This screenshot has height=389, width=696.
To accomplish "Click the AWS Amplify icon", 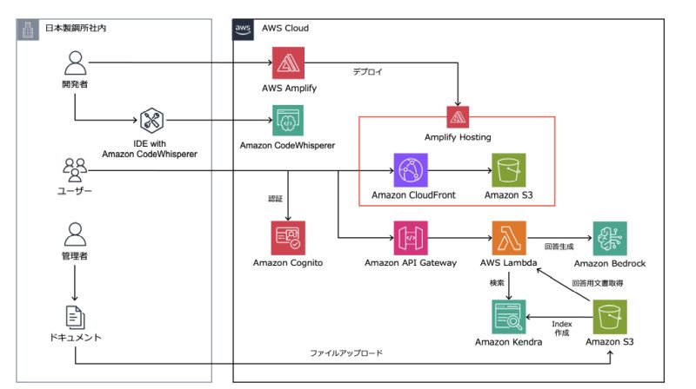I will pos(288,63).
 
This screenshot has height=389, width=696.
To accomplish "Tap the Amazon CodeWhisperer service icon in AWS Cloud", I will pos(288,121).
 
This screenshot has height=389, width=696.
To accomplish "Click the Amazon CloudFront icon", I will pos(408,169).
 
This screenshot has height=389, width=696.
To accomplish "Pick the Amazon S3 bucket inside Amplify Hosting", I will pos(508,169).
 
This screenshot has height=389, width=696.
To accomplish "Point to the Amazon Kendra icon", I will pos(508,316).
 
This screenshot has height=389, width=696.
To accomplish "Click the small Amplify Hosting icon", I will pos(458,116).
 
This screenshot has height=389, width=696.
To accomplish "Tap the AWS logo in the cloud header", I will pos(244,29).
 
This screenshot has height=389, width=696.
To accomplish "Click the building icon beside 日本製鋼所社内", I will pos(28,29).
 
